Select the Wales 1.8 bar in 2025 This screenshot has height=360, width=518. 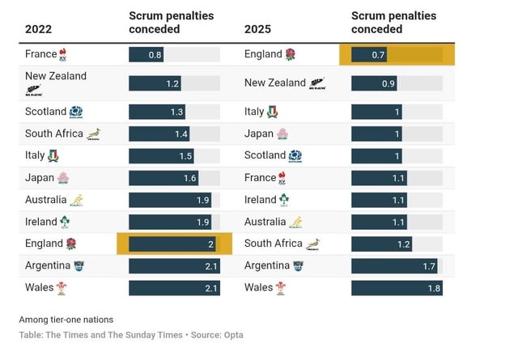click(x=397, y=287)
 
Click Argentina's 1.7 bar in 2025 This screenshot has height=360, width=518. click(x=394, y=265)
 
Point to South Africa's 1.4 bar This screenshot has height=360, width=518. click(x=159, y=133)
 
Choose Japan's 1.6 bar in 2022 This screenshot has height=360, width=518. click(x=163, y=178)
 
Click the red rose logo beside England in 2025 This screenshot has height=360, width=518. click(x=290, y=54)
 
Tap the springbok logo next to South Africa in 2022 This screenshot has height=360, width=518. click(x=94, y=133)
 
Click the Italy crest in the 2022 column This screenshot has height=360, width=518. click(x=53, y=155)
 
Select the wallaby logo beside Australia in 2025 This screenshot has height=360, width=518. click(x=296, y=222)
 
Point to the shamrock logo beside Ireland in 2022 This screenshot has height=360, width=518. click(x=64, y=222)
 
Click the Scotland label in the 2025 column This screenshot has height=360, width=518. click(x=265, y=155)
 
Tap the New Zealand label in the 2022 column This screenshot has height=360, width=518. click(x=56, y=76)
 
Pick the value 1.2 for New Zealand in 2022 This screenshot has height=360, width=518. click(x=172, y=83)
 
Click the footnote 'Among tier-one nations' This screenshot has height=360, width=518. click(x=66, y=320)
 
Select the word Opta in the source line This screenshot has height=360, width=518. click(x=232, y=335)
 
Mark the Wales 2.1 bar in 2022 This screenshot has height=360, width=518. click(x=174, y=287)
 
